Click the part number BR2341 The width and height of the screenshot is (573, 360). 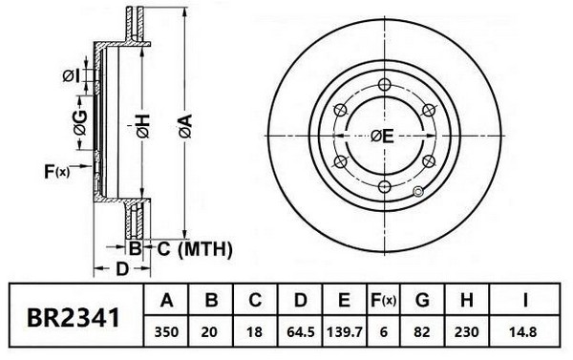[74, 318]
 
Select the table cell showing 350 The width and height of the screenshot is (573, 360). [166, 332]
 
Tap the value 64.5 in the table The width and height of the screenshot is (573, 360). [301, 332]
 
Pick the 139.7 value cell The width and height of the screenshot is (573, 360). [345, 332]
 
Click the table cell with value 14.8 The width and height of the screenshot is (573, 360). [523, 332]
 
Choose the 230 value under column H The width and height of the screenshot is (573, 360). [466, 332]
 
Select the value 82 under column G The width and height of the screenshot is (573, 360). [422, 332]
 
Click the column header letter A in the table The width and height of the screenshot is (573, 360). [166, 301]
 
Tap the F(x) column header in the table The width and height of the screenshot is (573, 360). [383, 301]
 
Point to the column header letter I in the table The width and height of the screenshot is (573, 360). [525, 301]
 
